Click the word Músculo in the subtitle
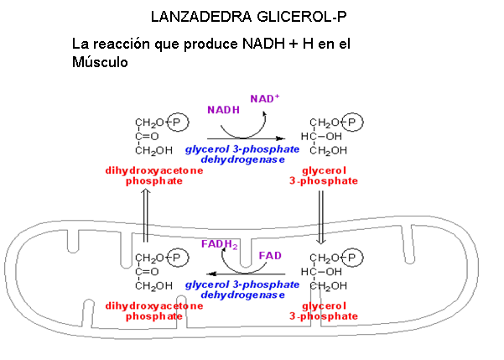100,61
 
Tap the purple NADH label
223,109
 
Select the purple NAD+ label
265,98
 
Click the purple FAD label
270,254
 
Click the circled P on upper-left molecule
178,123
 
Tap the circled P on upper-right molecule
355,123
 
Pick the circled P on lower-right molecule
355,258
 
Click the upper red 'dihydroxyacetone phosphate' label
154,175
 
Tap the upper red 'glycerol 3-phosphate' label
324,175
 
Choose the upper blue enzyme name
242,154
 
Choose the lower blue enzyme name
242,290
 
